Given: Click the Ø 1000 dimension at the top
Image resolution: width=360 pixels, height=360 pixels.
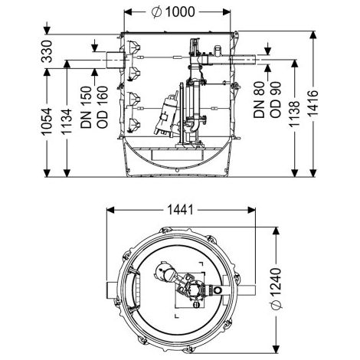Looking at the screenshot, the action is coord(173,12).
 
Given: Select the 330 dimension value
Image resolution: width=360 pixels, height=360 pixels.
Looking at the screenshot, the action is coord(47,51).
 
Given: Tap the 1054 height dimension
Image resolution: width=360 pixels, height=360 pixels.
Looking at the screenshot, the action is coord(47,121).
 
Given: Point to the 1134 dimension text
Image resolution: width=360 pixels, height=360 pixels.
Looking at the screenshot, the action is coord(67,122).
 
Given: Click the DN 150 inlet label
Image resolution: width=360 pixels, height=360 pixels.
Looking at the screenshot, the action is coord(86,107).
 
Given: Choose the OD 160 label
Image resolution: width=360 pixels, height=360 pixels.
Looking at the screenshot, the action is coord(103,107).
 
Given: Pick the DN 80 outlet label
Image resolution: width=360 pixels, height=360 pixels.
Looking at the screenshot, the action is coord(259,100).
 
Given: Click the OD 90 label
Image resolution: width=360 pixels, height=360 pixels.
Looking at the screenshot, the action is coord(275,100).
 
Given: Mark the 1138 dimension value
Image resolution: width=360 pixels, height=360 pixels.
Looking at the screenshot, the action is coord(294,114).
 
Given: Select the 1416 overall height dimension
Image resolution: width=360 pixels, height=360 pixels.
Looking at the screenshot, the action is coord(313,103).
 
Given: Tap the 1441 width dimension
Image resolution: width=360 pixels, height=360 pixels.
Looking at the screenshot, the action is coord(180,210).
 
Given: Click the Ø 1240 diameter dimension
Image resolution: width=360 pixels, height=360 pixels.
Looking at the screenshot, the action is coord(276,289).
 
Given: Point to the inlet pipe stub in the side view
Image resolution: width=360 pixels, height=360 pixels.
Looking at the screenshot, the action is coord(115,60).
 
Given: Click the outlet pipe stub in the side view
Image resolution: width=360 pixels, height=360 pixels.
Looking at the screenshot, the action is coord(244,60).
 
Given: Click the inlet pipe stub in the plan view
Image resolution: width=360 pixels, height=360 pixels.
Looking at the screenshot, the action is coord(112,290).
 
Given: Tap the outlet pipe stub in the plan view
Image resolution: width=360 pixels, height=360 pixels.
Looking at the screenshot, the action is coord(247,290).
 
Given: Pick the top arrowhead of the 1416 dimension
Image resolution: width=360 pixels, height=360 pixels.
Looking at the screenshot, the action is coord(313,34).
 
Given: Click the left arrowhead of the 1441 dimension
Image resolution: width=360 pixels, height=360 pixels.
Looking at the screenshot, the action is coord(110,210).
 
